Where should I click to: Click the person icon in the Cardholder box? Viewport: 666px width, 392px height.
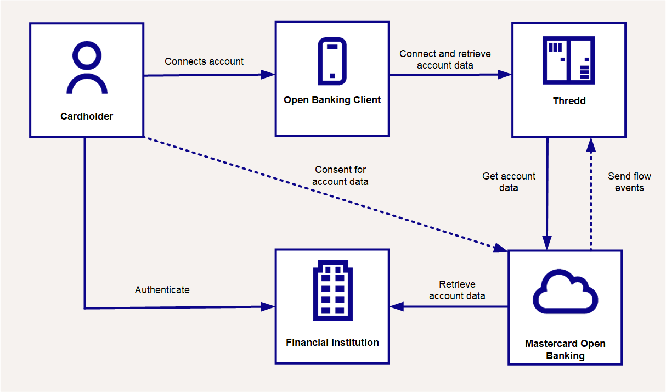87,69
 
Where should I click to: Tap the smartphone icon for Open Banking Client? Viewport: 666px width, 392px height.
332,61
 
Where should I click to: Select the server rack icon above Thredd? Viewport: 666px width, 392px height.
568,60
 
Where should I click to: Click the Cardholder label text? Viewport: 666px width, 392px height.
87,116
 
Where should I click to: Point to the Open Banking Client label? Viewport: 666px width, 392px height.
332,100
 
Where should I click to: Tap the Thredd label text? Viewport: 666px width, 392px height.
569,101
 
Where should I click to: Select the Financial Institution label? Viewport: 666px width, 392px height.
332,343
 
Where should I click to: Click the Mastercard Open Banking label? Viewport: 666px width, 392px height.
565,350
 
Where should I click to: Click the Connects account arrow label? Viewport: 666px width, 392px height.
204,61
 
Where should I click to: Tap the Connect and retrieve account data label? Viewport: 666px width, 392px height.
445,59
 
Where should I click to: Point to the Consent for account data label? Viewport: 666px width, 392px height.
340,176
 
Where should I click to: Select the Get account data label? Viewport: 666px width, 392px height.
509,182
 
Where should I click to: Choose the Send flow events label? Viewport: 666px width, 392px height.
629,182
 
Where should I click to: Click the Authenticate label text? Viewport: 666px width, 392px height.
162,289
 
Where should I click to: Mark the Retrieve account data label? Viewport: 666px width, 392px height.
457,290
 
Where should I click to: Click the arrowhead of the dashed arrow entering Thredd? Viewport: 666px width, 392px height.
591,144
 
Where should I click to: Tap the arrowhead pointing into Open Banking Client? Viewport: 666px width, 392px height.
268,75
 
